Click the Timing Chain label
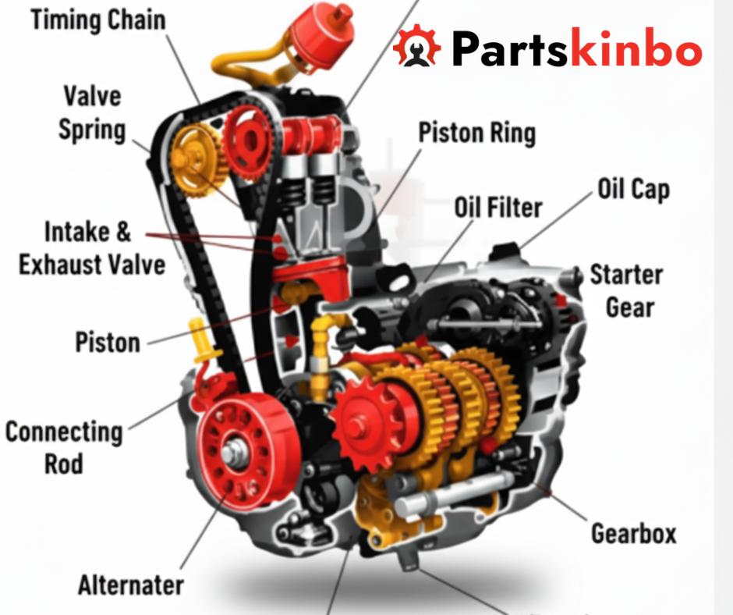(98, 20)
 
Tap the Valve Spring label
(92, 113)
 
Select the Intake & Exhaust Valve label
(91, 248)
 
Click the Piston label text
(108, 342)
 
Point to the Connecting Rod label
(63, 447)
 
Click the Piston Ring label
(476, 133)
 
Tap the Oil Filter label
(498, 208)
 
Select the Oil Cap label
(633, 189)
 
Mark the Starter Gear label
(625, 290)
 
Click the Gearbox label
(633, 534)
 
